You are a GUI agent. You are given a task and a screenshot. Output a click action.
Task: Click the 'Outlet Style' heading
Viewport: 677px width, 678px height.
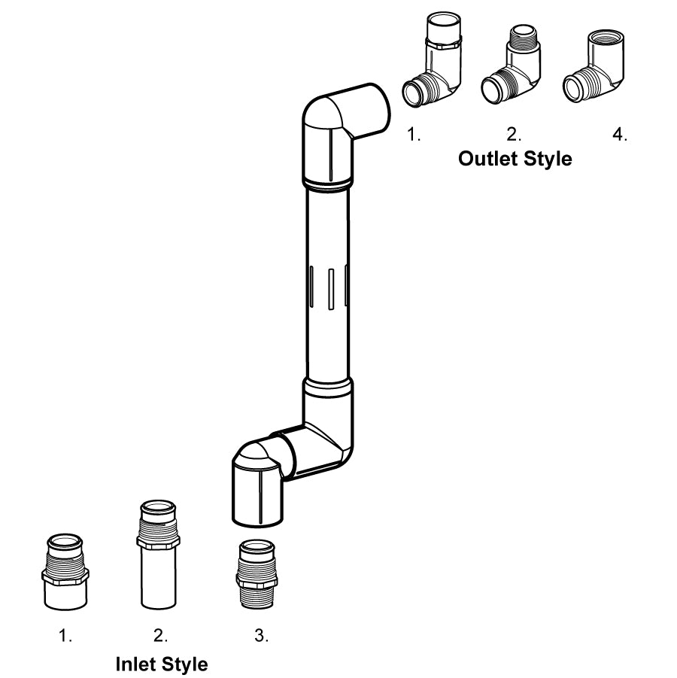pyautogui.click(x=515, y=160)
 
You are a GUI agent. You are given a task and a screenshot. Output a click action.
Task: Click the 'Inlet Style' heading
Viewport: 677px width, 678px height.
pyautogui.click(x=162, y=664)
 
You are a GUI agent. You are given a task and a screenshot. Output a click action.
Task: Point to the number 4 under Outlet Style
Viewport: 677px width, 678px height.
pyautogui.click(x=619, y=135)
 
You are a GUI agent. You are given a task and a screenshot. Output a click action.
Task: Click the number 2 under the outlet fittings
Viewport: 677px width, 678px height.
pyautogui.click(x=513, y=135)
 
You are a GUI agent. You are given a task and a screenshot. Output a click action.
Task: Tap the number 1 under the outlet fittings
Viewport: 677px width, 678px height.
pyautogui.click(x=413, y=135)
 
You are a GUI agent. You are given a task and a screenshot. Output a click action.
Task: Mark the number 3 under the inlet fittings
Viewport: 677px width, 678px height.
pyautogui.click(x=260, y=636)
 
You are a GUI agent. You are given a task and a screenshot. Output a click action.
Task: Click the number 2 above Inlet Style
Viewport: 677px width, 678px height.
pyautogui.click(x=160, y=636)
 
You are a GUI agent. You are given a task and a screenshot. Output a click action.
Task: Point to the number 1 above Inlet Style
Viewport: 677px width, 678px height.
pyautogui.click(x=65, y=636)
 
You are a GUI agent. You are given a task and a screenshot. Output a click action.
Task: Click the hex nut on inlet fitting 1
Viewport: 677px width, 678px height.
pyautogui.click(x=64, y=576)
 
